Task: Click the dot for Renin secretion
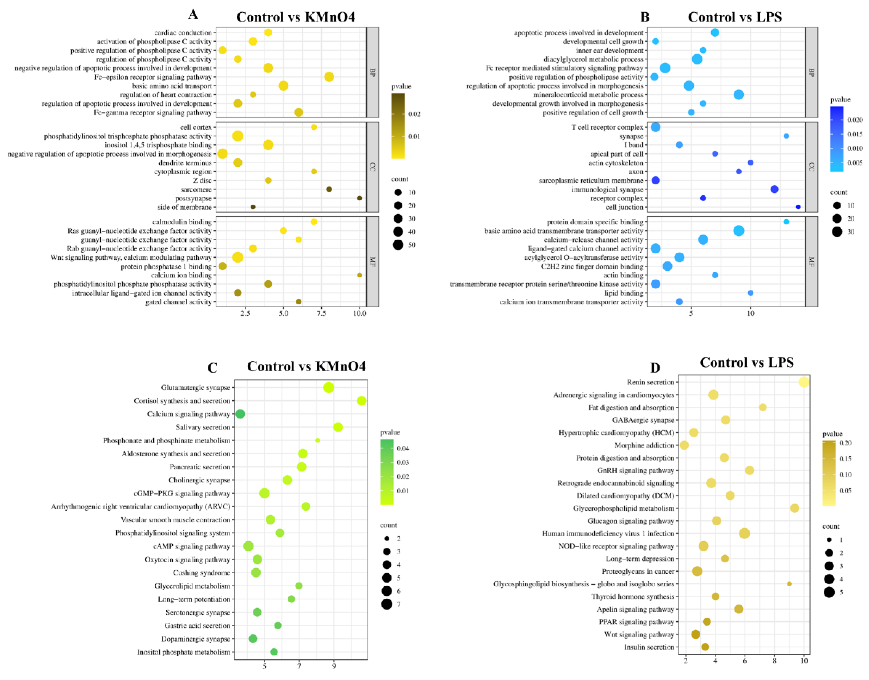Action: coord(804,382)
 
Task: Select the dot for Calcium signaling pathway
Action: coord(240,414)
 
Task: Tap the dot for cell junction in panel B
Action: coord(798,207)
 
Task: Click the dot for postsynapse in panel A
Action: coord(359,198)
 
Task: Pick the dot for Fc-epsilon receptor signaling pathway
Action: coord(329,77)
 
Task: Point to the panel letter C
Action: coord(212,367)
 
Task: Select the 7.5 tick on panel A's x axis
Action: coord(321,313)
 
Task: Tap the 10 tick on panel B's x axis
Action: coord(750,313)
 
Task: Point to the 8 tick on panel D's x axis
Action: coord(774,662)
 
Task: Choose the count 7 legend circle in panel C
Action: coord(386,604)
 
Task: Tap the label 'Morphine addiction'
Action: coord(644,445)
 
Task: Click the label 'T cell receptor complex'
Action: coord(607,128)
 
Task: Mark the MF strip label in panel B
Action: coord(811,261)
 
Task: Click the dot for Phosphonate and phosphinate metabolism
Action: coord(317,440)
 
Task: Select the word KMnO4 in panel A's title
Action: coord(330,17)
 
